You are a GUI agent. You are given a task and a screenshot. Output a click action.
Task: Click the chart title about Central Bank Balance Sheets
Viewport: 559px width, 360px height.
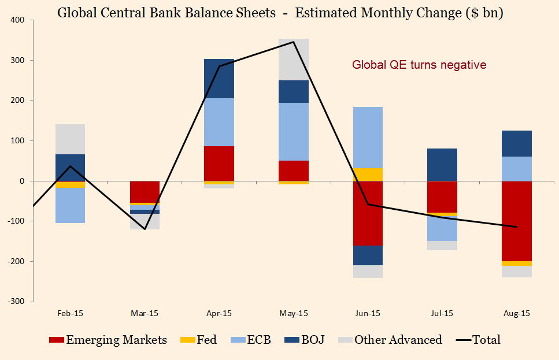coord(280,13)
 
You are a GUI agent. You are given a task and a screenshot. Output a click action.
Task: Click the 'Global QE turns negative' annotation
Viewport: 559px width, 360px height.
coord(419,65)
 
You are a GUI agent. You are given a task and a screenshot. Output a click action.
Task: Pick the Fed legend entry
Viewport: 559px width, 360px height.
coord(200,340)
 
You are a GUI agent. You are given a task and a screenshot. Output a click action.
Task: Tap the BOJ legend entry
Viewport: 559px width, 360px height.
coord(304,340)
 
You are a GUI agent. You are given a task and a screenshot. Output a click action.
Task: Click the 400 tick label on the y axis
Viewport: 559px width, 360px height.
coord(17,20)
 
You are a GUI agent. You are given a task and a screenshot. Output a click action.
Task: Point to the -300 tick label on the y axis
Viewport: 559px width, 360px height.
coord(16,302)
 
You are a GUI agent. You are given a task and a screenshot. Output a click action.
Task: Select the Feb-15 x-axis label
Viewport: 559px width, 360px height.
coord(70,314)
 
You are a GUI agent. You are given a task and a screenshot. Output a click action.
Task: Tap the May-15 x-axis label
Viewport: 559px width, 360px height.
coord(294,314)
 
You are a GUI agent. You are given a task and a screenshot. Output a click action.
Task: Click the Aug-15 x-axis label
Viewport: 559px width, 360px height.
coord(517,314)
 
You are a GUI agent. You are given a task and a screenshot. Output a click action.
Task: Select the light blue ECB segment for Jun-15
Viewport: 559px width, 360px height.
coord(368,138)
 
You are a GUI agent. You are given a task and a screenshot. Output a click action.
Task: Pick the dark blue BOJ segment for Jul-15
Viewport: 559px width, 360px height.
coord(442,165)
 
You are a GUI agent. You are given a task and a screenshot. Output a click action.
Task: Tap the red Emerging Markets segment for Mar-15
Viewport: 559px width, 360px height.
coord(145,192)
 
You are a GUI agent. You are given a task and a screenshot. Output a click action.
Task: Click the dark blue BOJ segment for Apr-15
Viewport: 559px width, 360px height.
coord(219,79)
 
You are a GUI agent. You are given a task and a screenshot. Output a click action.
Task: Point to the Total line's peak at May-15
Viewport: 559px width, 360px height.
coord(294,42)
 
